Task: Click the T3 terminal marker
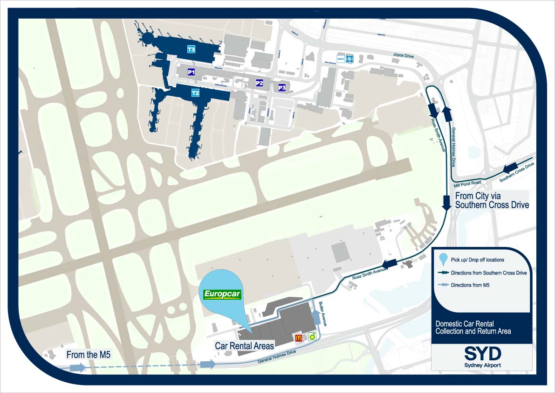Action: point(191,49)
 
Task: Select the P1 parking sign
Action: point(191,72)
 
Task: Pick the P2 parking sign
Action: point(260,83)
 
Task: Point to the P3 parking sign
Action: point(281,87)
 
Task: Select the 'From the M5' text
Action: point(89,355)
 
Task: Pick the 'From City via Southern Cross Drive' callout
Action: point(492,200)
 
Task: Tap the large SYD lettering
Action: point(482,353)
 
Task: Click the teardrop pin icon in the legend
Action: point(444,260)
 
